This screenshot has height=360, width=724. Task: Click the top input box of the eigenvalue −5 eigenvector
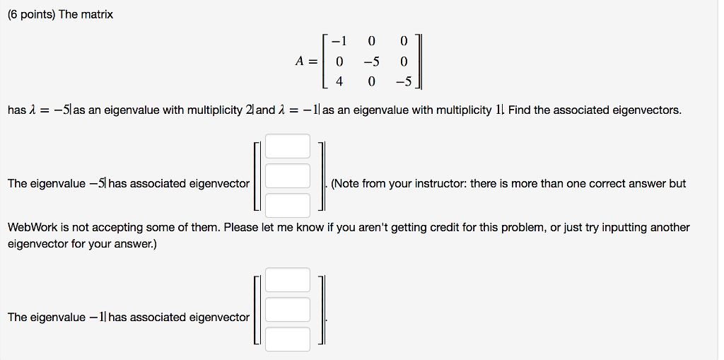288,146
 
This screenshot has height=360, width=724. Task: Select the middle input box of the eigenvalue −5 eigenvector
288,176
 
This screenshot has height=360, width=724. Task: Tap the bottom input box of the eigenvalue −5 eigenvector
288,205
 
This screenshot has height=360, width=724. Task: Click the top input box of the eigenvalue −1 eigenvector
288,280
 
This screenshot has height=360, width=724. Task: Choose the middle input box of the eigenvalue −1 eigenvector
288,310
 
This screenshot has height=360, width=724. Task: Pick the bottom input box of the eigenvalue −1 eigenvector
288,339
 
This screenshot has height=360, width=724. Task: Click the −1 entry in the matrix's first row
338,40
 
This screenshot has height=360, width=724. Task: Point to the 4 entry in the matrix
339,81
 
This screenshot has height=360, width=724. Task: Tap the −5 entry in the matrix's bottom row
403,81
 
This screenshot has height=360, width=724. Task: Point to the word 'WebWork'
30,228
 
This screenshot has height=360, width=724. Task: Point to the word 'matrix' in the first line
97,14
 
